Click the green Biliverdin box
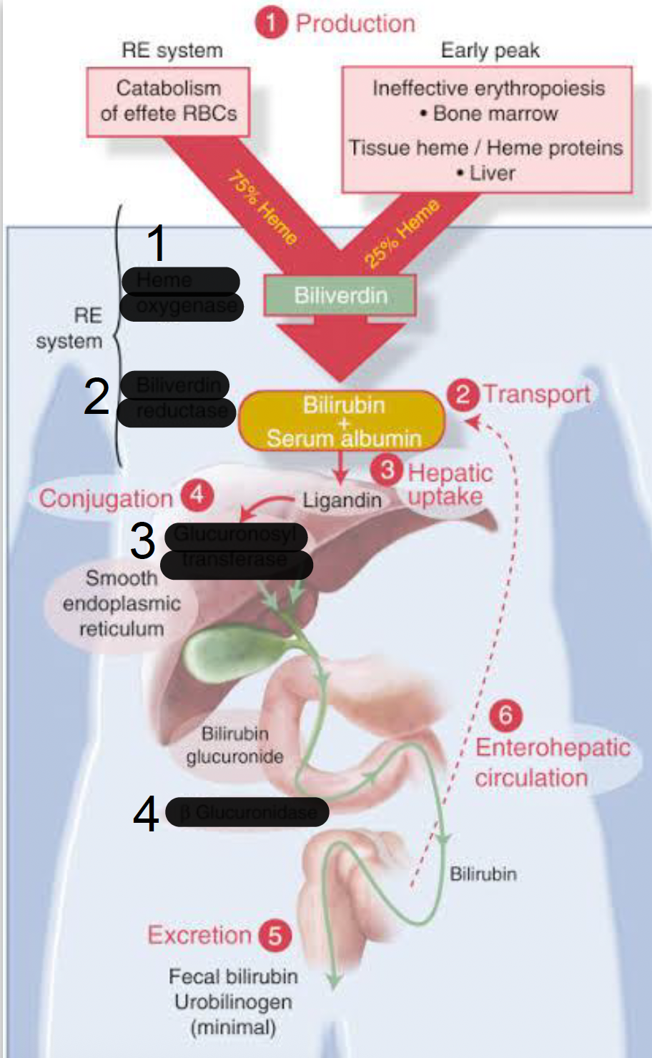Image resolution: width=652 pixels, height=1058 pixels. click(x=340, y=295)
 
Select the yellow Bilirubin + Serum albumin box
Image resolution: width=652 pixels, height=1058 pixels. click(x=342, y=421)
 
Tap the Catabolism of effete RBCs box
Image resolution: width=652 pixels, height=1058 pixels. click(x=168, y=102)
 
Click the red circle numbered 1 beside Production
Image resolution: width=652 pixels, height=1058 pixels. click(x=271, y=23)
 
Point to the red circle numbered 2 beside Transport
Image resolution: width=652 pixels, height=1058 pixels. click(x=463, y=394)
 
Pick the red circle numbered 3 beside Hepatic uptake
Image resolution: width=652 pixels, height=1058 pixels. click(x=387, y=470)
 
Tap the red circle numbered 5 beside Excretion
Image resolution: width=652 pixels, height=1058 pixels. click(x=275, y=935)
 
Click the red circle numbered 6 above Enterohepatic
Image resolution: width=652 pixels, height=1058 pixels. click(x=505, y=714)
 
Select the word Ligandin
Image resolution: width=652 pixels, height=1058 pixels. click(x=342, y=500)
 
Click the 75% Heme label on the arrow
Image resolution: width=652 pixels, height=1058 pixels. click(x=262, y=208)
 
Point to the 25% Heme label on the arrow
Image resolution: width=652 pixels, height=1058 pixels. click(x=402, y=233)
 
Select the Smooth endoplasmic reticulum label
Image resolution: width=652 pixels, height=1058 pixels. click(x=121, y=603)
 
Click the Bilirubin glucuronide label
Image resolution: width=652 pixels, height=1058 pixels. click(x=234, y=745)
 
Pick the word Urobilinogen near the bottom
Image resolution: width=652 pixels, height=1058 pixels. click(x=233, y=1002)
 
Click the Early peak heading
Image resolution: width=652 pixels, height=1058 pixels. click(x=490, y=51)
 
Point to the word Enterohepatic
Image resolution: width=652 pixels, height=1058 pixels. click(x=553, y=748)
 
